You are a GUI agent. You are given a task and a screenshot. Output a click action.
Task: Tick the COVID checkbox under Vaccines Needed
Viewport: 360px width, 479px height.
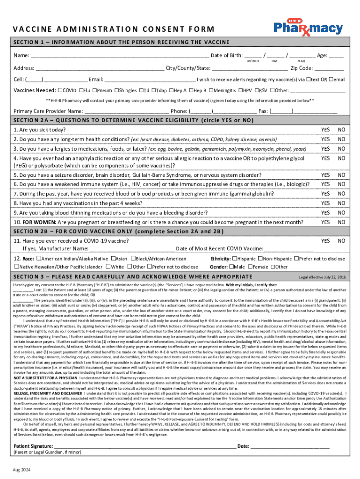coord(60,90)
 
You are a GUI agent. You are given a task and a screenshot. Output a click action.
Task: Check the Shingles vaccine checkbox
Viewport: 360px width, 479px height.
coord(116,90)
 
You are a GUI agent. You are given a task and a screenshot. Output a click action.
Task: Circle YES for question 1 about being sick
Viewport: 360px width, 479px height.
coord(325,130)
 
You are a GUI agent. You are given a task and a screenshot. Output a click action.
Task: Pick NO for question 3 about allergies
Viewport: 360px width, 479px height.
coord(342,149)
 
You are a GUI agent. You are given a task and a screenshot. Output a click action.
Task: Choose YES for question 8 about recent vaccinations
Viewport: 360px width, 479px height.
coord(325,203)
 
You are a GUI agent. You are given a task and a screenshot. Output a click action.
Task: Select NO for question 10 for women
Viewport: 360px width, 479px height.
coord(342,222)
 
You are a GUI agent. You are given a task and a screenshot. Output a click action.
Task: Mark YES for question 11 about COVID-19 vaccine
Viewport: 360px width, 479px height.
coord(325,240)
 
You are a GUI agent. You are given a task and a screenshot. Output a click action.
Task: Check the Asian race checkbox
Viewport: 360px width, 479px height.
coord(113,259)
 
